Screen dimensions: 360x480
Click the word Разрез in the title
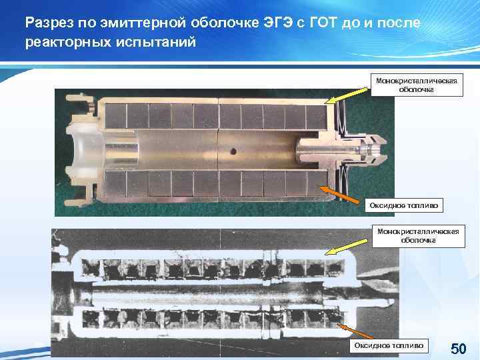(x=47, y=23)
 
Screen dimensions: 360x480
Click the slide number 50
(x=459, y=349)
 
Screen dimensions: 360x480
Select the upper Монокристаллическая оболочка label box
(x=417, y=85)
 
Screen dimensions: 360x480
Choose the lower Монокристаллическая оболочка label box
(x=417, y=235)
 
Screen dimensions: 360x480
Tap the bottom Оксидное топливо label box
(x=389, y=345)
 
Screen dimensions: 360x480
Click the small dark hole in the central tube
(x=233, y=152)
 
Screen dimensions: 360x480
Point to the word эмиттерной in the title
(x=135, y=23)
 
